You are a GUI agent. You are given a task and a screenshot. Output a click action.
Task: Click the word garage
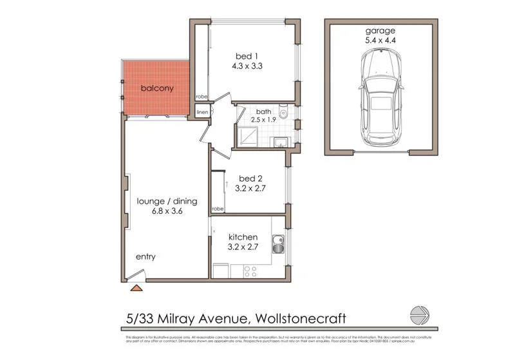tap(380, 30)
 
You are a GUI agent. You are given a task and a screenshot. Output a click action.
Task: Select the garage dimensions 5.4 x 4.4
tap(380, 40)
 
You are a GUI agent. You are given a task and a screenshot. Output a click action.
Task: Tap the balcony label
tap(157, 89)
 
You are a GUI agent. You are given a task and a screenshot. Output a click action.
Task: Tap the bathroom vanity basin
tap(281, 142)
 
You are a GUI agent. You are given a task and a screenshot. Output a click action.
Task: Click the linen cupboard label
tap(202, 113)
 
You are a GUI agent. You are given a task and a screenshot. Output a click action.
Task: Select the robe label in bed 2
tap(218, 209)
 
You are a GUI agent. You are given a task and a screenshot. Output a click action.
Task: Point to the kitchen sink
tap(278, 244)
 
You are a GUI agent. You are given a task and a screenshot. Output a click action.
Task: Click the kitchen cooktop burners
tap(250, 272)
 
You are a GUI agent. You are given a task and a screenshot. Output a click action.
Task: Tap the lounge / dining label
tap(167, 201)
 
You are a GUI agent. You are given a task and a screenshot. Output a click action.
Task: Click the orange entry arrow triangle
tap(136, 288)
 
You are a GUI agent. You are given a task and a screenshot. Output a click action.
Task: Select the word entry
tap(145, 256)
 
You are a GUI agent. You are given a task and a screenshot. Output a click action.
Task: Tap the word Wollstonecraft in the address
tap(301, 318)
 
